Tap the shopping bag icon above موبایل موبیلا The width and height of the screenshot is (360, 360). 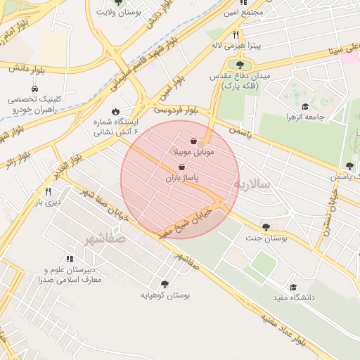[x=193, y=141]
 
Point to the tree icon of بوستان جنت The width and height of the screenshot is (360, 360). [x=266, y=226]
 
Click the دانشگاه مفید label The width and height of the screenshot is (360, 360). [x=293, y=298]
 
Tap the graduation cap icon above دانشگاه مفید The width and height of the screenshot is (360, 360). [x=293, y=287]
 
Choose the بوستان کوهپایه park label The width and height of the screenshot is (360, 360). [x=165, y=295]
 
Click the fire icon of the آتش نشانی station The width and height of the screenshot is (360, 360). [x=115, y=111]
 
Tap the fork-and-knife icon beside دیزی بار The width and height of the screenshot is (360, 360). [x=48, y=191]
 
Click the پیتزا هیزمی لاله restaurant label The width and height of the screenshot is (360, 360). [x=236, y=46]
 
